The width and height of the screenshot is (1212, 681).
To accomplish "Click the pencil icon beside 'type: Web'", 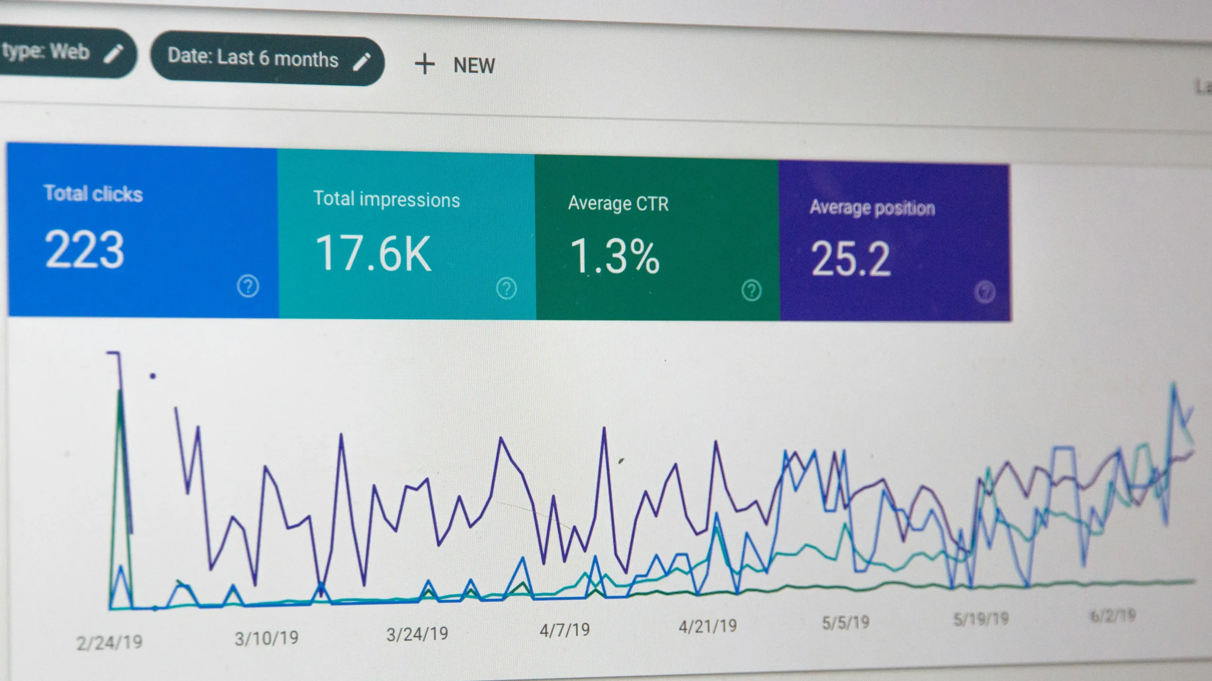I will tap(114, 53).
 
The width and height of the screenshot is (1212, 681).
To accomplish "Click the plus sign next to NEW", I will tap(425, 64).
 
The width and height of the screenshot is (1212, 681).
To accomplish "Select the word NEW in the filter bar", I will tap(474, 66).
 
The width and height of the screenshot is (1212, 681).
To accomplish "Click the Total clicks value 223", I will tap(84, 250).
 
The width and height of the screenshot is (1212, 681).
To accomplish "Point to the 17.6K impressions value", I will tap(374, 254).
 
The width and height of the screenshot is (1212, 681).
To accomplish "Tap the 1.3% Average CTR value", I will tap(615, 257).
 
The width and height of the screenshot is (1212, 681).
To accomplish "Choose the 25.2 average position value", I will tap(851, 259).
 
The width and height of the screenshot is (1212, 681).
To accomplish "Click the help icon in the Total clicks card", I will tap(248, 286).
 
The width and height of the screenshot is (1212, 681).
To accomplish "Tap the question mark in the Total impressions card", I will tap(506, 288).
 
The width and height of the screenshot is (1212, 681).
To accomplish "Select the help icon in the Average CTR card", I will tap(751, 290).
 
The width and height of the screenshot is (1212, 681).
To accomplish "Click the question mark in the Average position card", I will tap(985, 292).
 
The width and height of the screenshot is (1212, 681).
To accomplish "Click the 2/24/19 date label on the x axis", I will tap(109, 642).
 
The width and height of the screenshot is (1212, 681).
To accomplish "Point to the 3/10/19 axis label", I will tap(267, 638).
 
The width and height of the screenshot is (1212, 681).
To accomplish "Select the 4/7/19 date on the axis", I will tap(565, 630).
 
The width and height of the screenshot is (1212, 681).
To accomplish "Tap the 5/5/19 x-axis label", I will tap(846, 622).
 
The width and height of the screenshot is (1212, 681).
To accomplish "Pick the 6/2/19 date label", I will tap(1113, 616).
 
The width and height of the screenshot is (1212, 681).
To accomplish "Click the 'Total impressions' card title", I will tap(386, 199).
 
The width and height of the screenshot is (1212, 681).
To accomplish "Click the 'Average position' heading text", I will tap(872, 208).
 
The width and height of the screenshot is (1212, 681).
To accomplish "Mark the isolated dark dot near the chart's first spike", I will tap(152, 376).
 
